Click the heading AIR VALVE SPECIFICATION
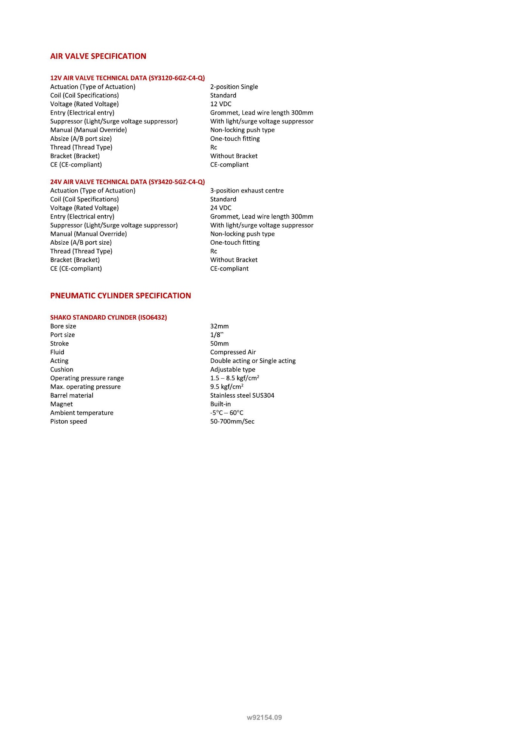click(98, 56)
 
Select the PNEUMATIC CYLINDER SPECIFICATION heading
click(121, 296)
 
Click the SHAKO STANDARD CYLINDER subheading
click(108, 317)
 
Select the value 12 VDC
click(221, 104)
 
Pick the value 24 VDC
click(221, 208)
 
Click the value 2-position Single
click(234, 87)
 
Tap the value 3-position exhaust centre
click(247, 191)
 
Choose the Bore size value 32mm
click(219, 326)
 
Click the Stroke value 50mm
click(219, 344)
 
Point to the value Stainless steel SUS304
click(242, 395)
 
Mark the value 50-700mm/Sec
click(232, 421)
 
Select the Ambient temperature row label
click(82, 413)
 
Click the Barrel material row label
click(72, 395)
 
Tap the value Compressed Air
click(233, 352)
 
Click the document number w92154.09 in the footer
click(264, 717)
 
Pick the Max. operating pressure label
click(86, 387)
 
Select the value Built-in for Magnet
click(220, 404)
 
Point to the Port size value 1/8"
click(217, 335)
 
